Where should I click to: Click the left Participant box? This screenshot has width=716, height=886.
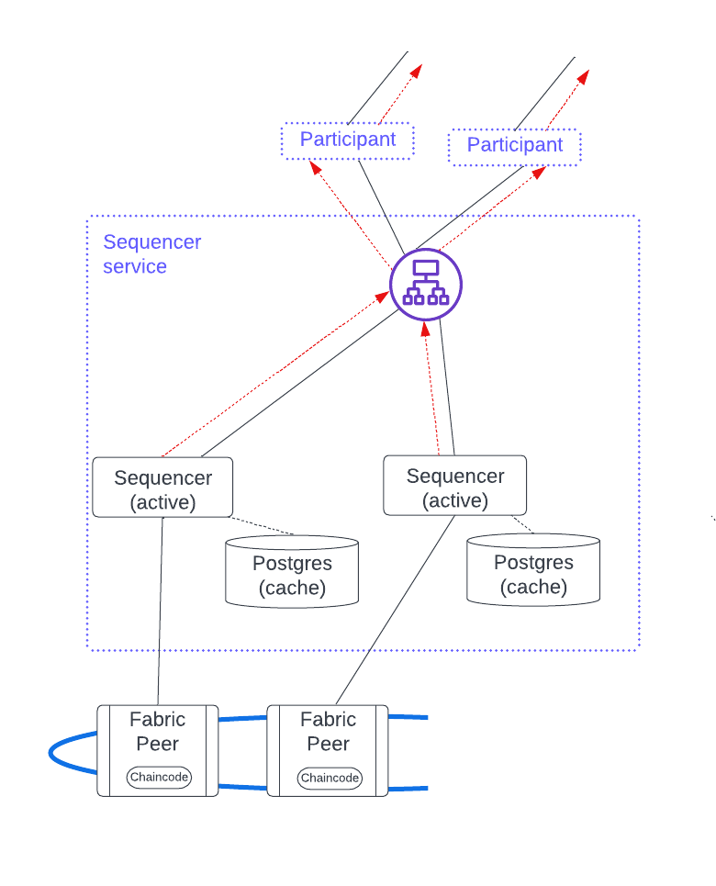click(347, 140)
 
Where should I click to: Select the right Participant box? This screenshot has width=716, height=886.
click(514, 146)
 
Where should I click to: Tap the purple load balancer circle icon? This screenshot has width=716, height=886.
click(426, 284)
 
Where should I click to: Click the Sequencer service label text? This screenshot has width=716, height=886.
click(151, 254)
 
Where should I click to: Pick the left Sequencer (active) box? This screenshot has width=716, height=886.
click(162, 489)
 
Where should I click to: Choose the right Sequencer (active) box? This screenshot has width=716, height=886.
click(454, 488)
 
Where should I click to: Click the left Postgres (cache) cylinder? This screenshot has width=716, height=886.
click(292, 575)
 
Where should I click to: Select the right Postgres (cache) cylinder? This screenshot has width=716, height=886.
click(533, 574)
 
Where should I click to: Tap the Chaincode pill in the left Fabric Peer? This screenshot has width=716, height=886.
click(159, 777)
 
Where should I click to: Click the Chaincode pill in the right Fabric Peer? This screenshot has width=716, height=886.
click(330, 778)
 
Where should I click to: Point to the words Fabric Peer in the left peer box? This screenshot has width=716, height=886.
click(157, 731)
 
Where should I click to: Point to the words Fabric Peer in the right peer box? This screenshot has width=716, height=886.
click(328, 731)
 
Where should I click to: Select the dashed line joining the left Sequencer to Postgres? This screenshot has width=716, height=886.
click(262, 526)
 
